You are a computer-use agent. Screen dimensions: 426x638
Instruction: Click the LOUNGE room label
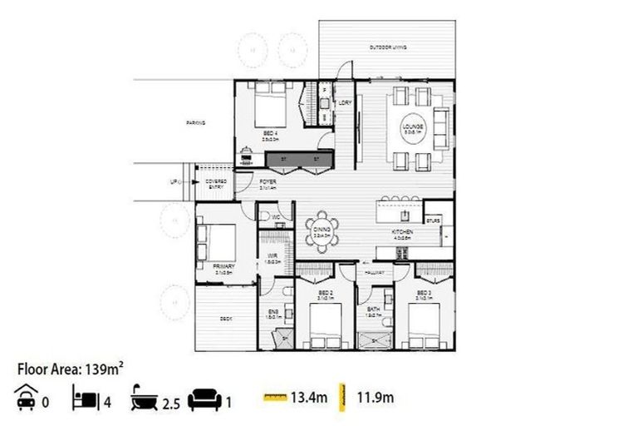[413, 127]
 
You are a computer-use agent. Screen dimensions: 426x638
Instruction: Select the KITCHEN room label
[402, 234]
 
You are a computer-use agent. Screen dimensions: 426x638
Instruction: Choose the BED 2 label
[326, 295]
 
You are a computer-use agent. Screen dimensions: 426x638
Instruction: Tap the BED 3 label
[425, 295]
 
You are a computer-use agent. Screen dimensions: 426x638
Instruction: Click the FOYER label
[267, 182]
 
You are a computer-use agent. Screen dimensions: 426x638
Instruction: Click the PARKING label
[195, 123]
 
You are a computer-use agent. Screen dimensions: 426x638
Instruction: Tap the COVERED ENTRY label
[216, 184]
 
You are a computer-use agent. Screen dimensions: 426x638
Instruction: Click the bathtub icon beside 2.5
[143, 399]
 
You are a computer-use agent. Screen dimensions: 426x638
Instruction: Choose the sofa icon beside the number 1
[204, 399]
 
